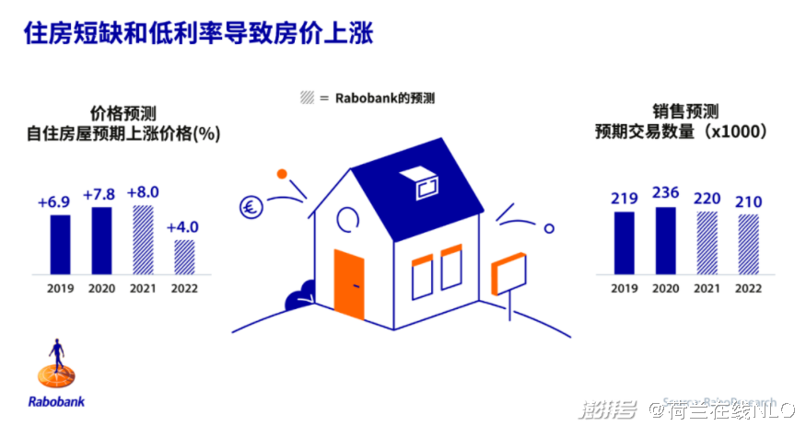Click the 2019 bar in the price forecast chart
click(x=60, y=244)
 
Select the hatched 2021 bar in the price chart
click(x=143, y=239)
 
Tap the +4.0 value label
click(x=183, y=227)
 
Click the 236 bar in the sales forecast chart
click(x=664, y=240)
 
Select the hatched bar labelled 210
click(x=748, y=244)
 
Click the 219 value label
click(x=624, y=199)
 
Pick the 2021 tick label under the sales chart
click(x=706, y=288)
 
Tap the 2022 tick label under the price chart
click(x=184, y=288)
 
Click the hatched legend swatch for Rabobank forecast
click(x=308, y=98)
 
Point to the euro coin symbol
click(x=249, y=207)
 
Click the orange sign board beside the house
click(x=508, y=274)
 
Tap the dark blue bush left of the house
click(x=301, y=300)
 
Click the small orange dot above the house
click(x=283, y=173)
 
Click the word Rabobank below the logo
click(x=59, y=401)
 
